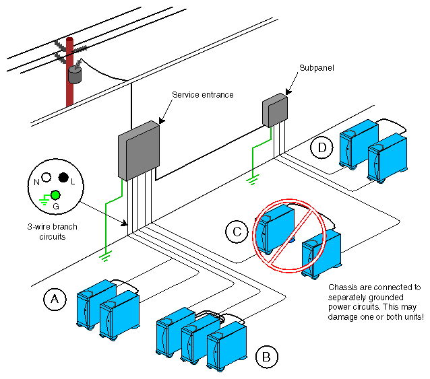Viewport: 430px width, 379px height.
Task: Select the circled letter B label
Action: click(266, 355)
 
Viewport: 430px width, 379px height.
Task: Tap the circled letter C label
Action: click(237, 231)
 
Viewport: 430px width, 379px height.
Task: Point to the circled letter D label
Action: click(322, 146)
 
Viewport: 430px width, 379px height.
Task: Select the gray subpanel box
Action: click(274, 109)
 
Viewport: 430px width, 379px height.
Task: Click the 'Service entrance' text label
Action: click(202, 95)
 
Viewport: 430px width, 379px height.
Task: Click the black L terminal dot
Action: click(63, 178)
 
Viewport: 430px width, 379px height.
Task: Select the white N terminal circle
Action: click(46, 178)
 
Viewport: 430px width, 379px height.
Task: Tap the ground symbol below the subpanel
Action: click(252, 178)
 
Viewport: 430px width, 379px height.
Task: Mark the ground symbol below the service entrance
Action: click(104, 255)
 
